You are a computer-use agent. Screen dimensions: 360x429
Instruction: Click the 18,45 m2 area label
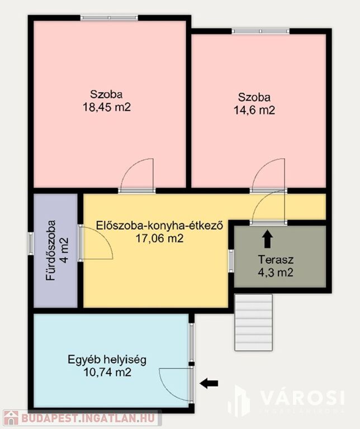(107, 107)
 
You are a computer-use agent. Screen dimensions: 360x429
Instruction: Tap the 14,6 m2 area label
(254, 110)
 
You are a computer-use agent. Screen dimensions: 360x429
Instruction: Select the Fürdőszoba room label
(51, 250)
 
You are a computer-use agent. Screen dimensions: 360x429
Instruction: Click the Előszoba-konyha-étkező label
(160, 226)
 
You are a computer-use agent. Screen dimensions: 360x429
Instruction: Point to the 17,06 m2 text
(160, 239)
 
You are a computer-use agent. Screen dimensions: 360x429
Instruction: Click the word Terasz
(276, 259)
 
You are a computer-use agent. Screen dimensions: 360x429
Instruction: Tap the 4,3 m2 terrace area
(276, 272)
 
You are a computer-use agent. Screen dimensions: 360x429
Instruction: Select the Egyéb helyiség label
(107, 360)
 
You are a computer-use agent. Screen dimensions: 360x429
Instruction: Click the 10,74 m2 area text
(107, 373)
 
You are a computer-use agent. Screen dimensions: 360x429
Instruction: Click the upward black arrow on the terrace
(267, 239)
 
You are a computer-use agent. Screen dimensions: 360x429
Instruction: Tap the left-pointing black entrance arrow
(209, 383)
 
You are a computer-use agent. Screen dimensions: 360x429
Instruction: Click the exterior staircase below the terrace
(253, 322)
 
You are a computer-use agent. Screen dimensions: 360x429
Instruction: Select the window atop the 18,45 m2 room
(109, 17)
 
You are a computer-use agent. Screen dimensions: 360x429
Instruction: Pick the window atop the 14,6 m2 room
(260, 31)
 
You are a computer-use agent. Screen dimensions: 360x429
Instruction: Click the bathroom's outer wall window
(31, 244)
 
